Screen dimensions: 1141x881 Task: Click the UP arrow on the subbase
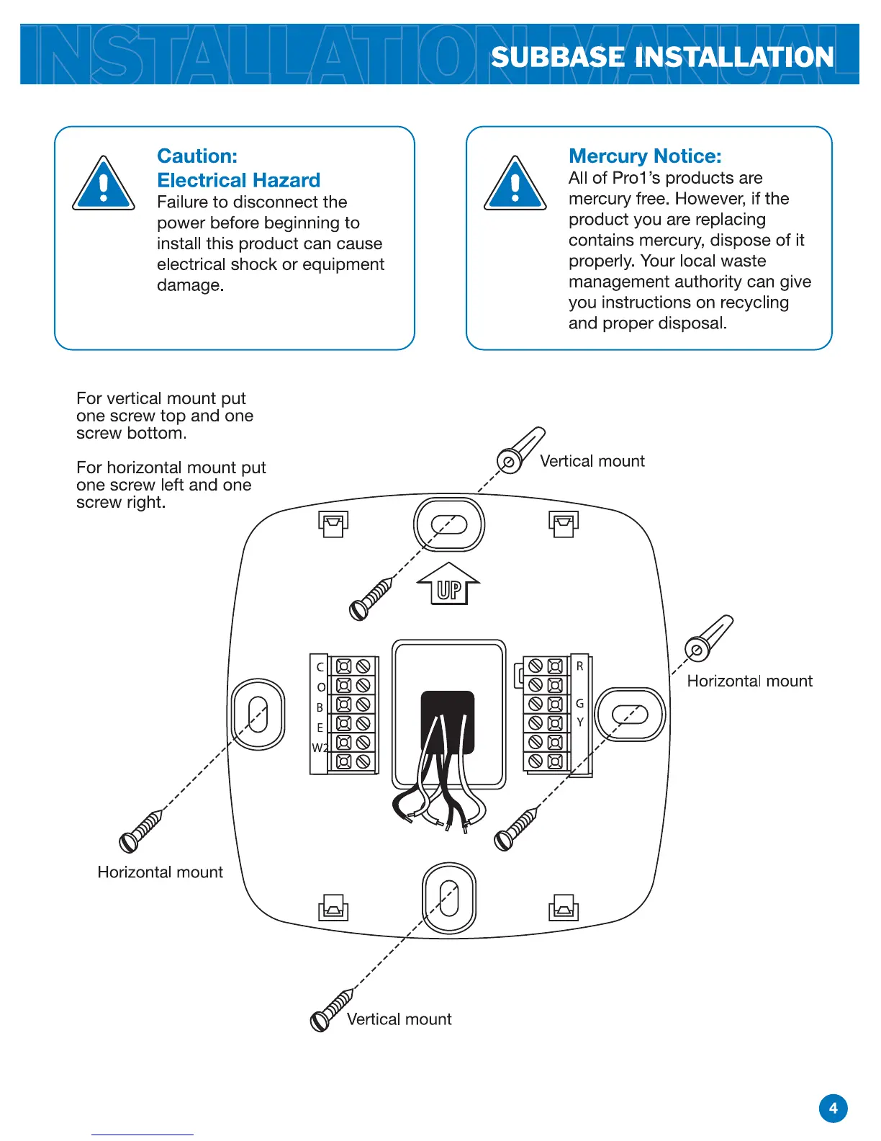(x=448, y=584)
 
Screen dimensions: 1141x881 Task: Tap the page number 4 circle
(x=833, y=1108)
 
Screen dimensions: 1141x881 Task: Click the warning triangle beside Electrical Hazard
(x=104, y=184)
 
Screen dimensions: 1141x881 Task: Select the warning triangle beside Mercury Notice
(x=515, y=184)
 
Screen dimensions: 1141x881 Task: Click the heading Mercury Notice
(x=645, y=156)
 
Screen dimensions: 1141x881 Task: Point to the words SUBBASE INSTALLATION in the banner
(x=662, y=58)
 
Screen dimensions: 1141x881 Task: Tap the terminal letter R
(x=579, y=666)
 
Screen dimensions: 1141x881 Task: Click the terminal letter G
(x=579, y=704)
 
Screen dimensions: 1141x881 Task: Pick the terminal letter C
(x=320, y=668)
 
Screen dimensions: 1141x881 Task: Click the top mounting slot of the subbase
(x=449, y=524)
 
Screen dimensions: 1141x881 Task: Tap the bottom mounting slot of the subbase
(x=449, y=898)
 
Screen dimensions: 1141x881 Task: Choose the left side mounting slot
(x=258, y=713)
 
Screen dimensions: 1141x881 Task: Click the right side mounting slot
(x=631, y=715)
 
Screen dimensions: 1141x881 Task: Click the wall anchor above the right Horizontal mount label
(x=708, y=638)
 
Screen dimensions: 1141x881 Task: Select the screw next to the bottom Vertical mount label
(x=330, y=1010)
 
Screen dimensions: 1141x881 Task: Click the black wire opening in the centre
(x=448, y=722)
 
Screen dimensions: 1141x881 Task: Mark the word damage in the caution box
(x=190, y=285)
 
